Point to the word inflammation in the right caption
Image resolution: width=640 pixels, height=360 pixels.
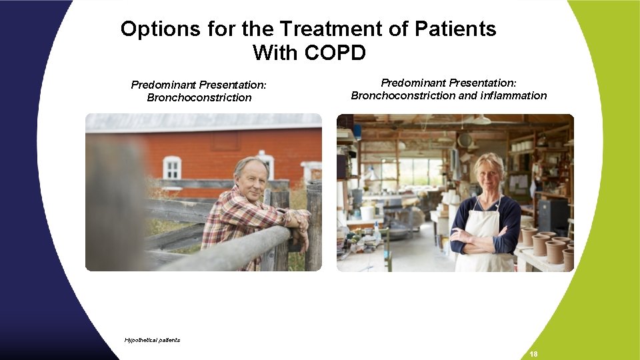coord(512,95)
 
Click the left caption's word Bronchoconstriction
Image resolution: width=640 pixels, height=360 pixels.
coord(199,98)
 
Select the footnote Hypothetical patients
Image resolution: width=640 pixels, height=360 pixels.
coord(152,340)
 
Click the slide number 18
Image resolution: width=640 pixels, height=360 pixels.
coord(533,353)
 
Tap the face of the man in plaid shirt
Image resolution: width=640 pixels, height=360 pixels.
coord(251,178)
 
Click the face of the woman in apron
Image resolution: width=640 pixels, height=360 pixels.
coord(489,173)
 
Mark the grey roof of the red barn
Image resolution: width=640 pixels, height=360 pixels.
coord(200,122)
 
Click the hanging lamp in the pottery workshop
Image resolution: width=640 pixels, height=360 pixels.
coord(481,120)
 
